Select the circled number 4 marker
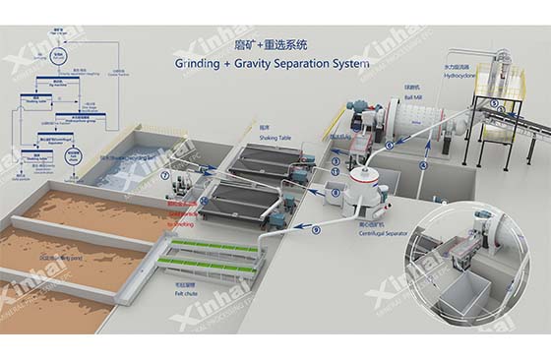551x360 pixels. point(422,165)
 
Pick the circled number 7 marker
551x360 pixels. point(165,176)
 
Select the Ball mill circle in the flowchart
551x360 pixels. point(60,56)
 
